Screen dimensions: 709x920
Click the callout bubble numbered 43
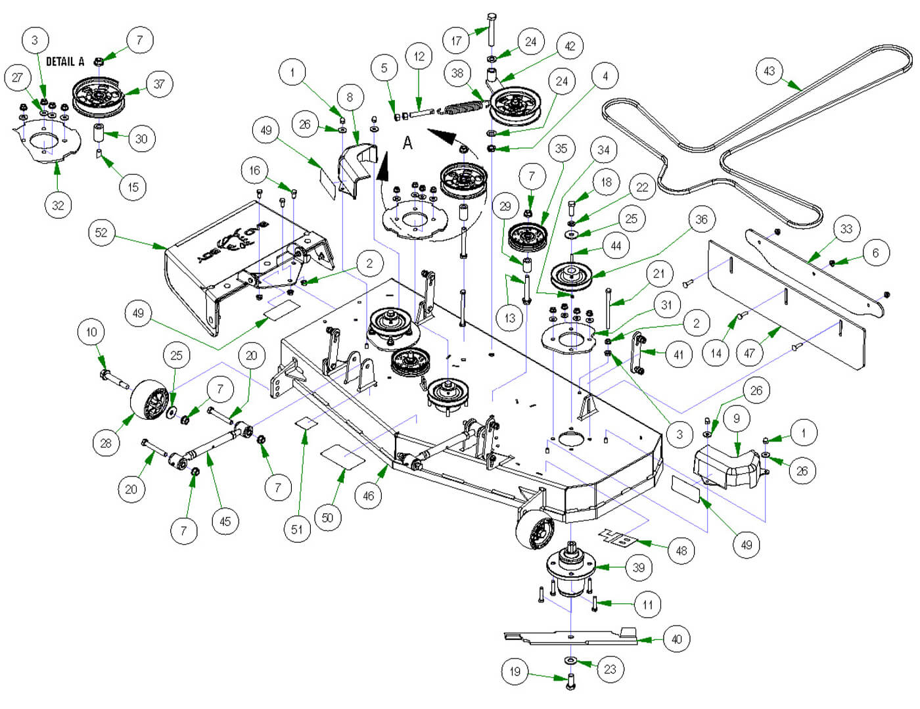770,70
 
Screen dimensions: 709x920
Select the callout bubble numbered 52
101,233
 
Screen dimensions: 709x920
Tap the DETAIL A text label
65,61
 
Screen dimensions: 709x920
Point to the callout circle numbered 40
677,639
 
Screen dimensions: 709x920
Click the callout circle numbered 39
639,567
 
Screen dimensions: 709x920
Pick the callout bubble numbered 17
456,40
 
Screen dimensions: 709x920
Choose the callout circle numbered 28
106,443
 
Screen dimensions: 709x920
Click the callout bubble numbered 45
225,521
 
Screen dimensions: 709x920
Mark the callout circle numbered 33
846,229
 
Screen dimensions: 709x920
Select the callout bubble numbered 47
749,353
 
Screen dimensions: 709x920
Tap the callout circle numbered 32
58,205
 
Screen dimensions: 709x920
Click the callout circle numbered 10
91,332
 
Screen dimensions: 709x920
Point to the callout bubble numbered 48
681,550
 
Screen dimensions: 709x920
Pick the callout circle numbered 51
297,529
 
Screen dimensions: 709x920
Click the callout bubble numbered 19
515,671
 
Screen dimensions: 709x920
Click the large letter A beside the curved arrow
407,143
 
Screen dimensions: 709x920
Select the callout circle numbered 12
419,57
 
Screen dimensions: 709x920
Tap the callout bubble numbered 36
701,219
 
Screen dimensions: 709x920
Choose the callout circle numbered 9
737,419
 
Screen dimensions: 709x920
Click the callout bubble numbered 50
327,517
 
